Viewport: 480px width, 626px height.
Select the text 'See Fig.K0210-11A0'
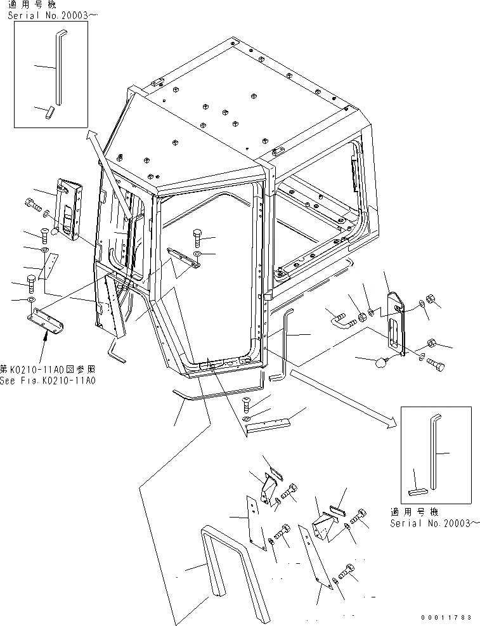[48, 381]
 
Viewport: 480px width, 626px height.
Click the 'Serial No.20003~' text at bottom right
[431, 523]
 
